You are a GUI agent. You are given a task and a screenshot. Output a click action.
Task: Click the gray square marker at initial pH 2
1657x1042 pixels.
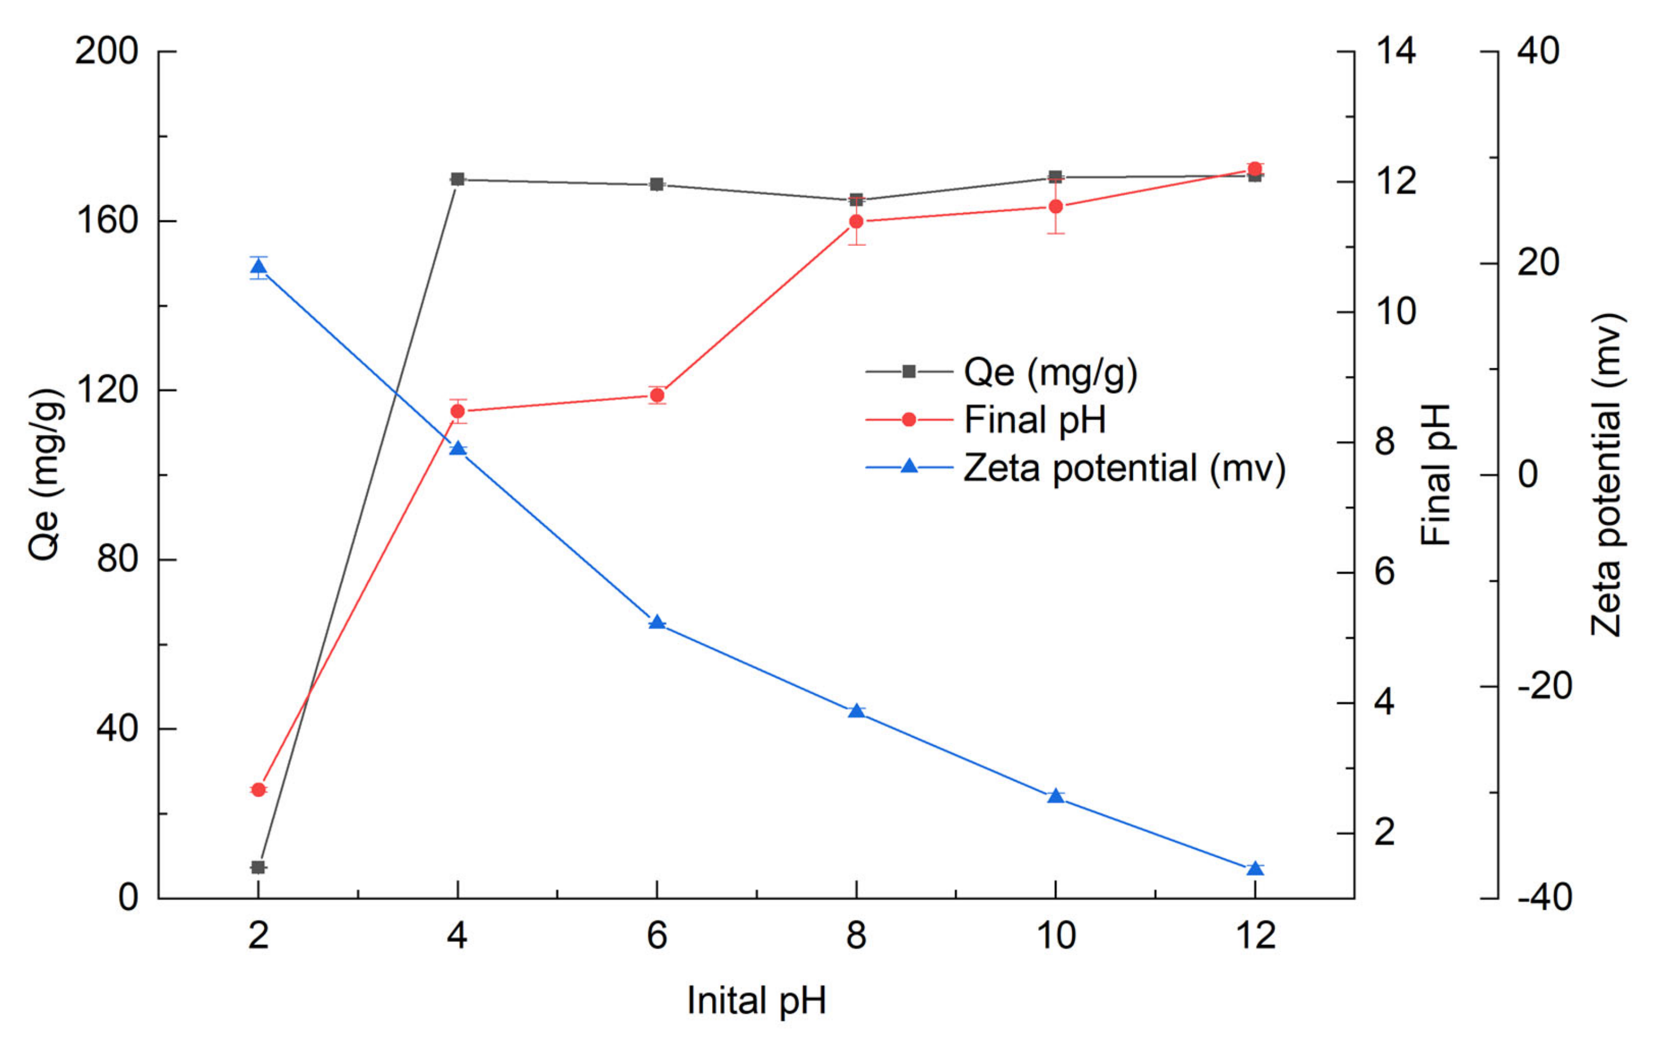pos(258,867)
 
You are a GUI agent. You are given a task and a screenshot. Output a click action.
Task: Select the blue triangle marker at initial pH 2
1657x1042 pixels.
pos(258,267)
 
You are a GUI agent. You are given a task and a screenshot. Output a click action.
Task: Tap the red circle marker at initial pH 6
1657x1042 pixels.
pos(657,395)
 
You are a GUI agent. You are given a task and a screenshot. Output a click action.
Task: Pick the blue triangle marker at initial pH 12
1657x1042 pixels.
pos(1255,869)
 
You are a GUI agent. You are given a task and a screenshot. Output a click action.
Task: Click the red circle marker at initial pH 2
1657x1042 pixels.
pos(258,790)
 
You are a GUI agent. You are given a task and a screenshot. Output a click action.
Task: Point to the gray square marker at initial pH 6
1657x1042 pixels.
pos(657,185)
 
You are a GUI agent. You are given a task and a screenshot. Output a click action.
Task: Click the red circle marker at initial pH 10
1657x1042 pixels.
pos(1055,206)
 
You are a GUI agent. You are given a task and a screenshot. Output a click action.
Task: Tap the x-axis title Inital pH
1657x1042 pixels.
pos(756,1001)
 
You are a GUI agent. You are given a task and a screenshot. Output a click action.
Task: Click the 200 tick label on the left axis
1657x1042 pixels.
pos(107,51)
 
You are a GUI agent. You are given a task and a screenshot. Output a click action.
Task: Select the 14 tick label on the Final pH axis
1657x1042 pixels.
pos(1395,51)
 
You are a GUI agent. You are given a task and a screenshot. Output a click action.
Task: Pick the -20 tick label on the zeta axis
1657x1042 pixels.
pos(1545,686)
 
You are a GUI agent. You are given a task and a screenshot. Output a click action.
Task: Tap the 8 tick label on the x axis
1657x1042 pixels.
pos(856,935)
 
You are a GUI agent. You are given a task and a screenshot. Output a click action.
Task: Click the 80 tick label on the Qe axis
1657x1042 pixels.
pos(117,559)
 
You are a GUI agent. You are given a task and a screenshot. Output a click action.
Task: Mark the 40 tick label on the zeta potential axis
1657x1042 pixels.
pos(1538,51)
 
